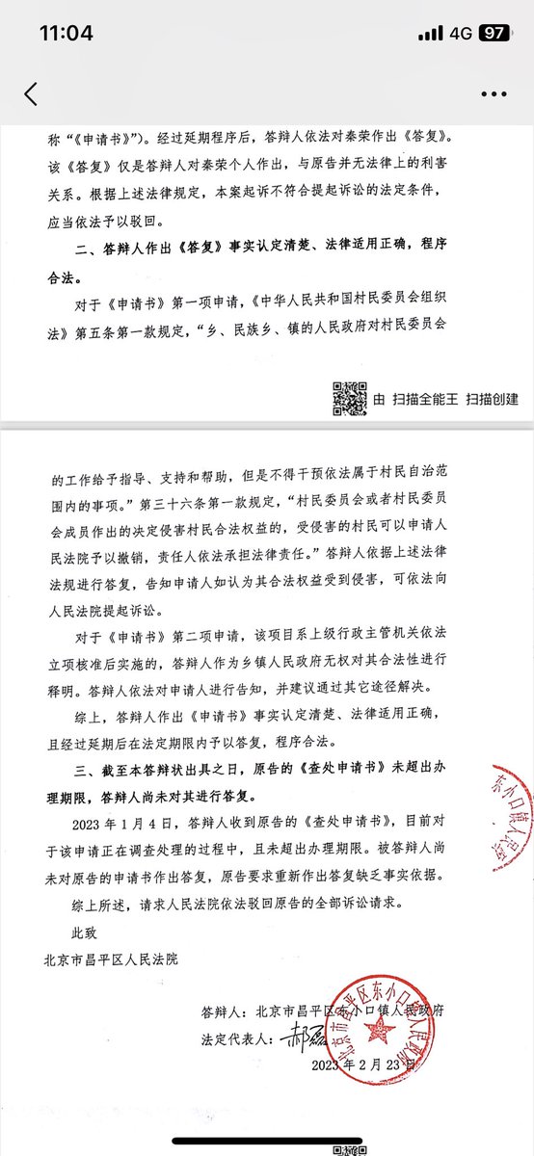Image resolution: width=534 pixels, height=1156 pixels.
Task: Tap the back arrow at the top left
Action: tap(31, 93)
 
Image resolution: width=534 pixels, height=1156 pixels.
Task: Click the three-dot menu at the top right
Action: tap(493, 93)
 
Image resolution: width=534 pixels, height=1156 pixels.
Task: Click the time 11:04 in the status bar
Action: tap(66, 33)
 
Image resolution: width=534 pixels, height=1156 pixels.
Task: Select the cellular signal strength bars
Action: tap(430, 33)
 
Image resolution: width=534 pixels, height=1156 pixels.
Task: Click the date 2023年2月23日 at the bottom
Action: tap(365, 1066)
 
